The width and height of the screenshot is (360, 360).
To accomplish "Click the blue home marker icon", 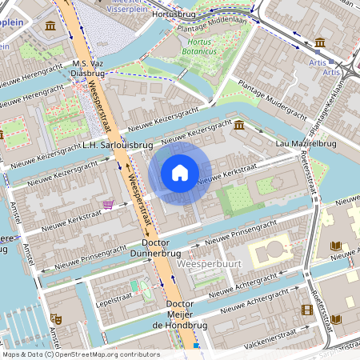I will tap(180, 173).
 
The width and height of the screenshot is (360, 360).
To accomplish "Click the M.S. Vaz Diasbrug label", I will tap(88, 68).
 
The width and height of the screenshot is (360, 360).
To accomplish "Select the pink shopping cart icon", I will tap(107, 205).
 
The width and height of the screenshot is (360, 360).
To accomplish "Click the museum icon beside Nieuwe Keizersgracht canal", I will tap(239, 125).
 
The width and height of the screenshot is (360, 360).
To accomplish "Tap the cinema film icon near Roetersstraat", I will tap(307, 310).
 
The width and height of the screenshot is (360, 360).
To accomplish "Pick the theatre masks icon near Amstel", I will tap(56, 318).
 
